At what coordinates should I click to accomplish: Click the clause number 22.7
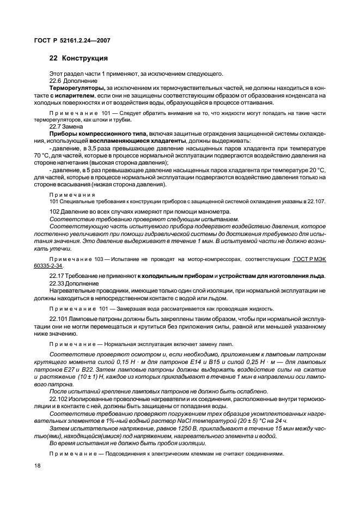(x=57, y=125)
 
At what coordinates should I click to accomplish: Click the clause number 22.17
(x=57, y=276)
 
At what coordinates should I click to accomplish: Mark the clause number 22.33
(x=57, y=283)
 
